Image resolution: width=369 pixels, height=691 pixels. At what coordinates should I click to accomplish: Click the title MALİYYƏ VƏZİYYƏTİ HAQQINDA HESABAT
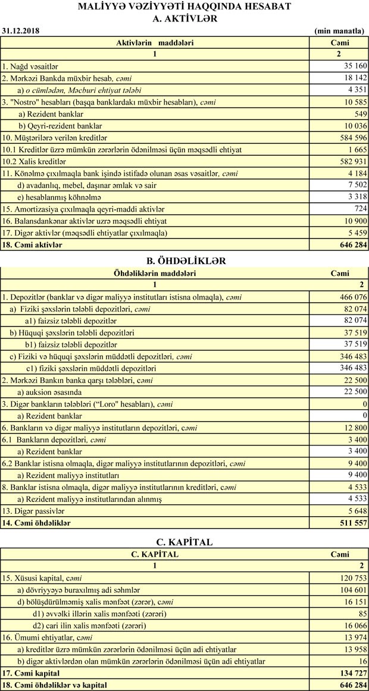(184, 7)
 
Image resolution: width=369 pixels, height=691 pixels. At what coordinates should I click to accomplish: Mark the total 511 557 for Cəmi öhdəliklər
(350, 523)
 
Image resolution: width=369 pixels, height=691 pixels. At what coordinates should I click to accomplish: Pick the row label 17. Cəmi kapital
(31, 673)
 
